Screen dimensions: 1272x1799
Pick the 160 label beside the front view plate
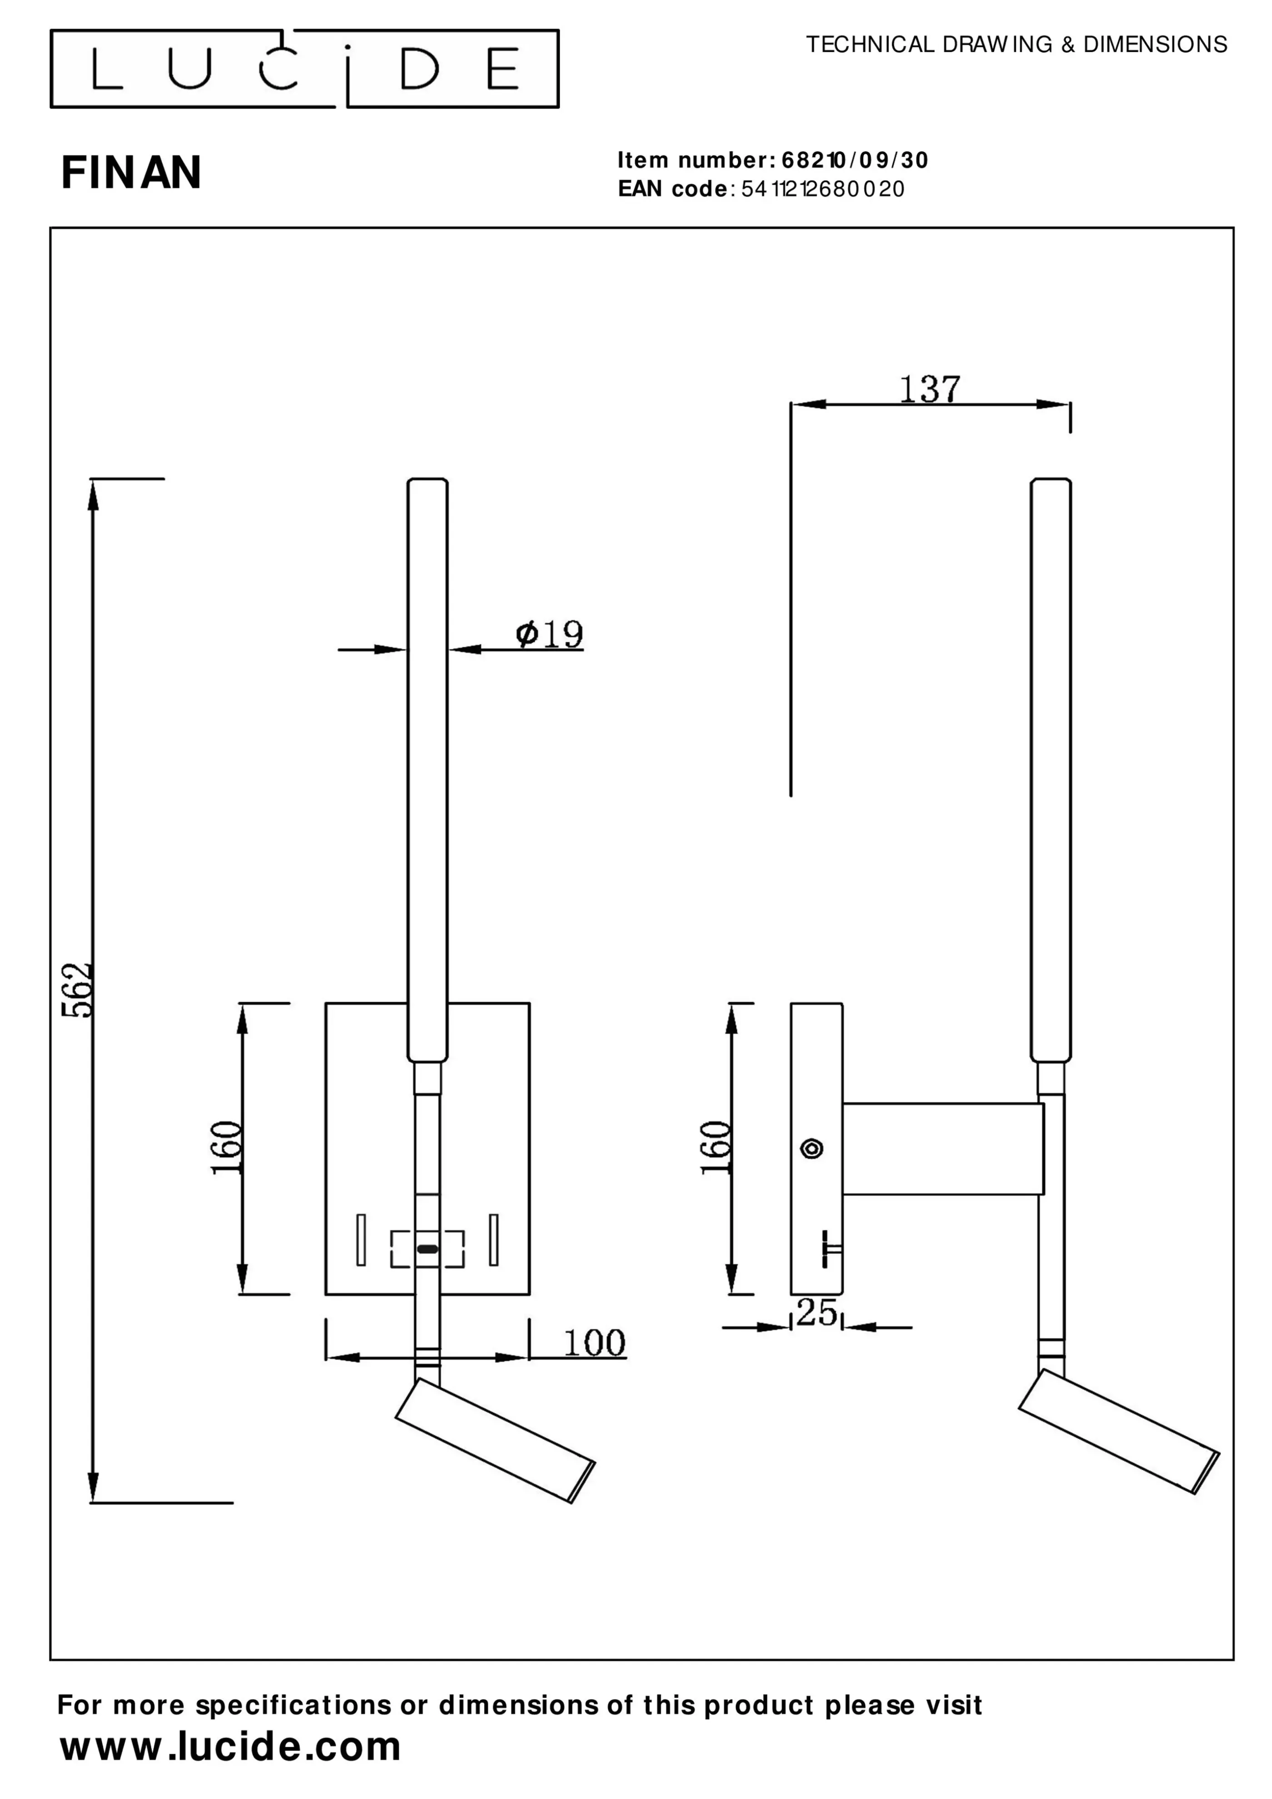point(227,1148)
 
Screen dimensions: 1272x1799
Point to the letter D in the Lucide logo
point(420,69)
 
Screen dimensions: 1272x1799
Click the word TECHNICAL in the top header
point(870,45)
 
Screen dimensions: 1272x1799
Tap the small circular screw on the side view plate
point(812,1148)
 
